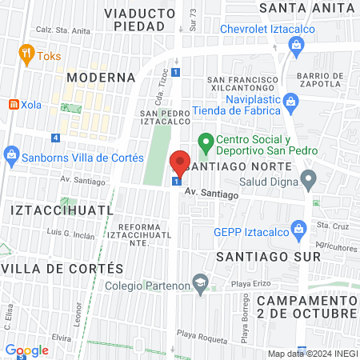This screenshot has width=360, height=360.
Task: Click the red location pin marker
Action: (180, 164)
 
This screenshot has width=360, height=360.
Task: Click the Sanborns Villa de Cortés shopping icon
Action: (11, 153)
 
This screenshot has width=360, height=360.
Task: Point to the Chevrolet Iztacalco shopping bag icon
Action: (297, 44)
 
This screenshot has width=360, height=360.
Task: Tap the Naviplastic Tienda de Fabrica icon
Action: (291, 101)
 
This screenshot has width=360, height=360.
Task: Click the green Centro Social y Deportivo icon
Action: (204, 144)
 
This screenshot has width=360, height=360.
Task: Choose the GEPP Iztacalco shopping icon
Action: (298, 228)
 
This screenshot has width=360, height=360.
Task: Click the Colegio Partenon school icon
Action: (200, 282)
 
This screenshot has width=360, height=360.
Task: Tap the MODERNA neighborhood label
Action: (101, 78)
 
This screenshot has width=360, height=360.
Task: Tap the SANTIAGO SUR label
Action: (269, 256)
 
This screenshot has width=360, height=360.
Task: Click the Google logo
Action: (26, 350)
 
